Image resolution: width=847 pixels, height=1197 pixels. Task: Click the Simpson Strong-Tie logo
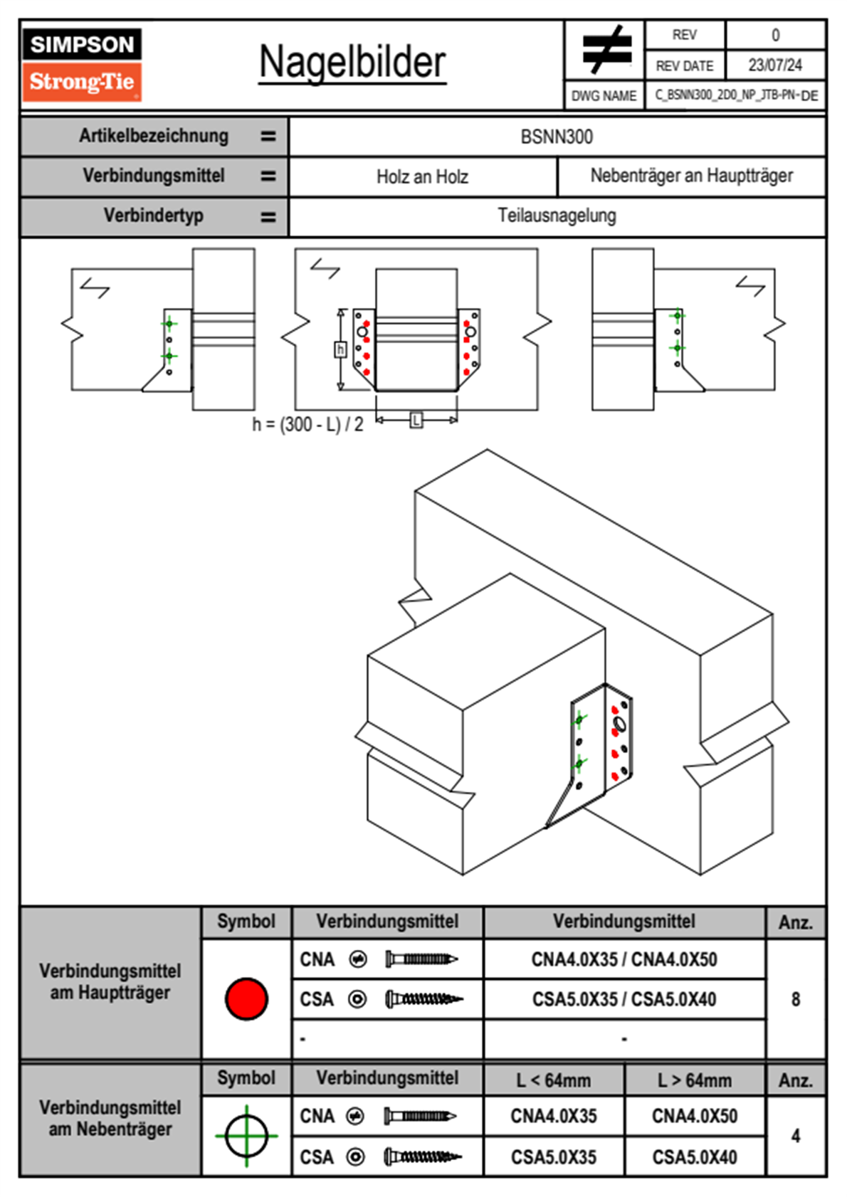point(82,64)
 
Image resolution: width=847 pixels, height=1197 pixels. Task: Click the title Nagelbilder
point(352,63)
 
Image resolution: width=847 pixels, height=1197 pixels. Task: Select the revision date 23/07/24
point(774,65)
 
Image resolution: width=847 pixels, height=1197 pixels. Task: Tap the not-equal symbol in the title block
point(606,50)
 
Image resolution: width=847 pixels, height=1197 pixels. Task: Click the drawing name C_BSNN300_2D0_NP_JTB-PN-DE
point(736,95)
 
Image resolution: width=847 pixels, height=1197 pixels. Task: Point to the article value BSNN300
point(557,137)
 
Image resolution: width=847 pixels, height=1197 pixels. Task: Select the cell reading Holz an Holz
point(422,176)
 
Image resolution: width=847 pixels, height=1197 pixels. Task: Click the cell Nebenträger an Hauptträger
point(691,176)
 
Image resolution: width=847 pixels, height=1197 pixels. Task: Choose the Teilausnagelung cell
point(557,216)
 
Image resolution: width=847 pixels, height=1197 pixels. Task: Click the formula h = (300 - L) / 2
point(307,425)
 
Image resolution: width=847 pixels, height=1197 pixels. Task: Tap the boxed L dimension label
point(416,421)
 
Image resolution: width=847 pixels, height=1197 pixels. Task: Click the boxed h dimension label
point(340,349)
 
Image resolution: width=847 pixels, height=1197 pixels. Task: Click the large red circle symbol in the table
point(246,998)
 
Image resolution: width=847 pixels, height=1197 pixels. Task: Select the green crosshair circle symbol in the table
point(246,1136)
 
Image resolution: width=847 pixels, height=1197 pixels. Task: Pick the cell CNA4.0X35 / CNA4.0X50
point(624,959)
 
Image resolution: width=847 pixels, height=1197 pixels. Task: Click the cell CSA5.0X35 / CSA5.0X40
point(624,999)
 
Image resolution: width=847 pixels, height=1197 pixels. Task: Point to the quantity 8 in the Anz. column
point(796,999)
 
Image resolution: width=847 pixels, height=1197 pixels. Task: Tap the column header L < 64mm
point(554,1080)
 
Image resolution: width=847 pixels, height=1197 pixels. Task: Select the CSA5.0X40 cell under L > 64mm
point(695,1157)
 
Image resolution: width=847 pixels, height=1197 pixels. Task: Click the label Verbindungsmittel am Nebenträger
point(110,1118)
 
